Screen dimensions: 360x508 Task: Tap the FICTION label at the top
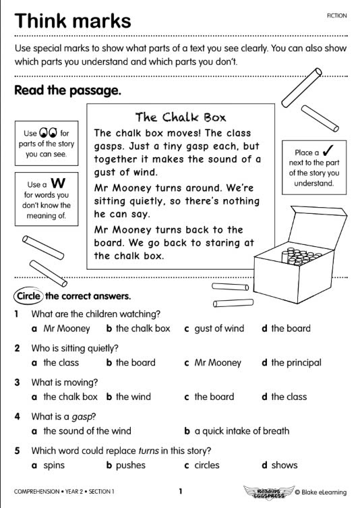[336, 14]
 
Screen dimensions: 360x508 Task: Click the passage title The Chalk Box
[181, 117]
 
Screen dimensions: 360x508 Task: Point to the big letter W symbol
[58, 184]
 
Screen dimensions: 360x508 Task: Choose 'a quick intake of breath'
[241, 430]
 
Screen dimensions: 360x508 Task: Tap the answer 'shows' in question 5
[284, 465]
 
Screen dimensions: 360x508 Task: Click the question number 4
[17, 416]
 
